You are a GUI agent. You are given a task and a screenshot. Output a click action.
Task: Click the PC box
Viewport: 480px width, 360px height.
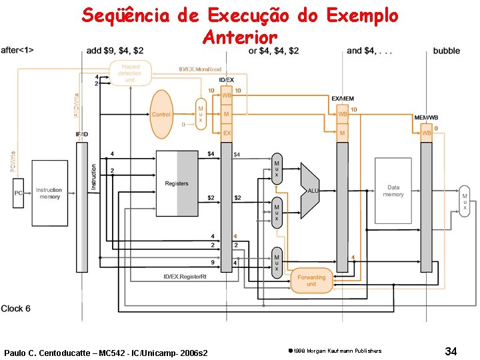point(19,193)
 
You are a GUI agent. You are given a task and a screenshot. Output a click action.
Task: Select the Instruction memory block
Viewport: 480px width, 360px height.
point(49,193)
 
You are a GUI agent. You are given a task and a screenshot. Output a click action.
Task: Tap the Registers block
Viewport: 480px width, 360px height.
point(177,183)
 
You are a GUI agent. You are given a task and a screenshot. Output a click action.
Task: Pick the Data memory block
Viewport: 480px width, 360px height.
point(393,191)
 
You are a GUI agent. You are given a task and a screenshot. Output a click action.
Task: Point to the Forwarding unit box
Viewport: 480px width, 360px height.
point(311,280)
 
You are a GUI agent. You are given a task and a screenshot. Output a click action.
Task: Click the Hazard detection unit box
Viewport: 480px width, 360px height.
point(129,73)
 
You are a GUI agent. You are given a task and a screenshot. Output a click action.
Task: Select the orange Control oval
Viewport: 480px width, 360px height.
point(161,114)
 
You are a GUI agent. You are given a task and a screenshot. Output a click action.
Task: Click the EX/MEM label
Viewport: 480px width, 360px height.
point(342,99)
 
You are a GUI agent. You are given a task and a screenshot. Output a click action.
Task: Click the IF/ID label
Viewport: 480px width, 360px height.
point(81,134)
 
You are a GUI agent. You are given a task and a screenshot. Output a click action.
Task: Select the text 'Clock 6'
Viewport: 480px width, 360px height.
point(16,309)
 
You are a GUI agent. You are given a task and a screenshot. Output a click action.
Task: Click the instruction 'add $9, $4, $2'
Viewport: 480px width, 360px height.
point(115,51)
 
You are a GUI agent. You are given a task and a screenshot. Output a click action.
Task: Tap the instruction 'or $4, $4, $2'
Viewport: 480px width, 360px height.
point(273,51)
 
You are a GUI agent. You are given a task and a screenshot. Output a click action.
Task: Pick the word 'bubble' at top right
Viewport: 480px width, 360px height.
point(446,51)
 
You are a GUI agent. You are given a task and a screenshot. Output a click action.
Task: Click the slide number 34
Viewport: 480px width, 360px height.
point(451,351)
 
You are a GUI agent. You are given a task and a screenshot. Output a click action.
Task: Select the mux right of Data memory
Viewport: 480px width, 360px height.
point(465,201)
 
